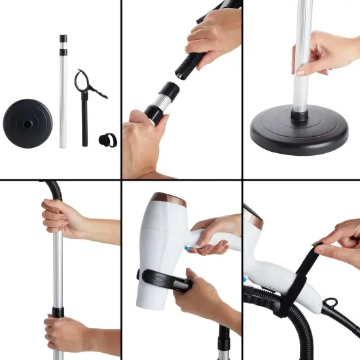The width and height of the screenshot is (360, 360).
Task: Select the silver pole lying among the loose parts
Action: pos(63,98)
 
